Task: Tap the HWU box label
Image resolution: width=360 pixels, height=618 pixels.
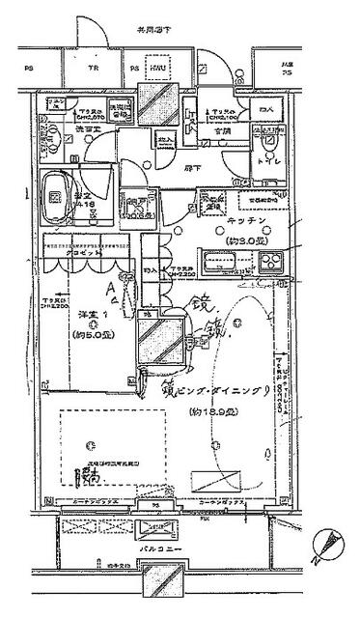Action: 156,70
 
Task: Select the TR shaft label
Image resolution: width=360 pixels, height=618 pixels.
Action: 95,70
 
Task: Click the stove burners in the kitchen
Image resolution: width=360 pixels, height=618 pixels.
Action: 267,260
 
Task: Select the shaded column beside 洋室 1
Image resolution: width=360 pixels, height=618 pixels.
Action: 155,344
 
